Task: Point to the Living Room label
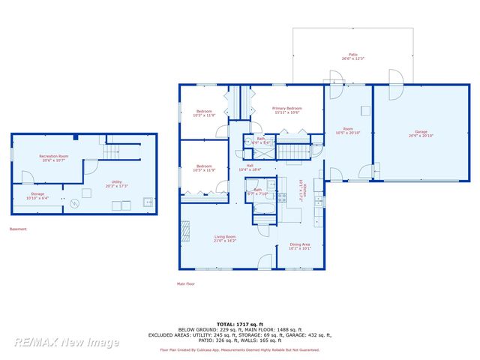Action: [225, 238]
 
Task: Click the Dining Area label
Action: [300, 247]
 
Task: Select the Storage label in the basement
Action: [37, 196]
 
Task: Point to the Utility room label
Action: [117, 184]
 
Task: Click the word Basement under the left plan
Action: [18, 229]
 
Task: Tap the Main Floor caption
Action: [185, 283]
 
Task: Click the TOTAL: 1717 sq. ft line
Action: [239, 324]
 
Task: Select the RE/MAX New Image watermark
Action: [66, 342]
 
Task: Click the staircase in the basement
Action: [111, 152]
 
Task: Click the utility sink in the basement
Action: [148, 202]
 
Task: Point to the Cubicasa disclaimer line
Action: [239, 349]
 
